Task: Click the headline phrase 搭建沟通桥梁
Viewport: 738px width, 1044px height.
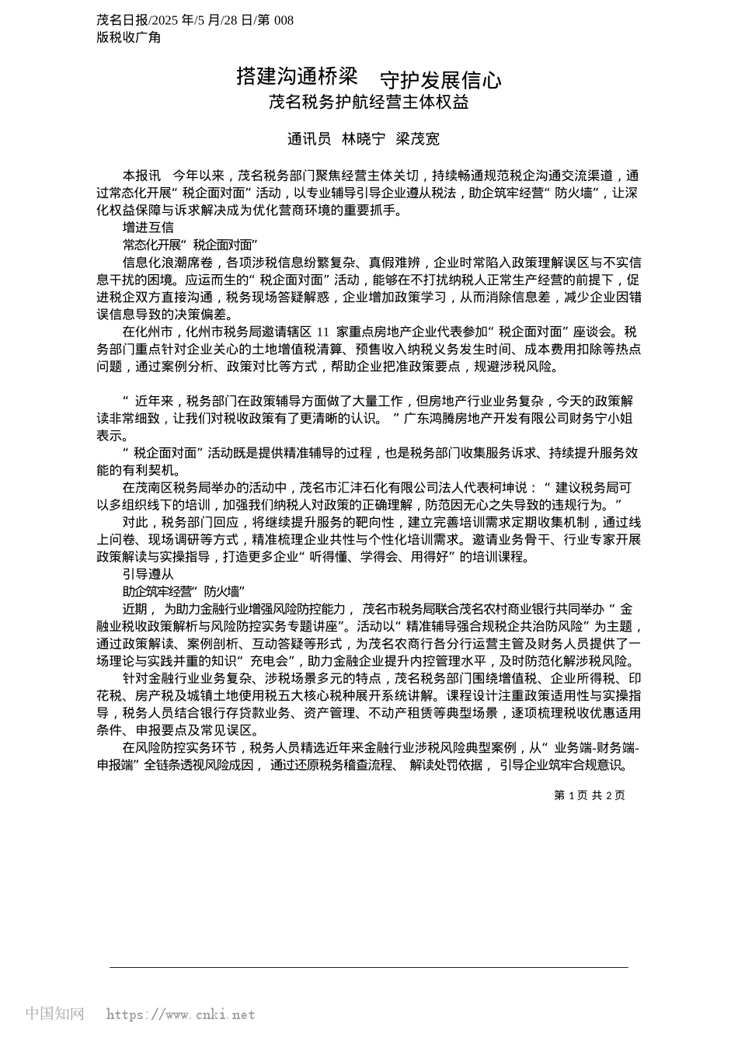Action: pos(297,76)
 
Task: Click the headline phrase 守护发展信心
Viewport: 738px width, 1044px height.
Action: pos(440,80)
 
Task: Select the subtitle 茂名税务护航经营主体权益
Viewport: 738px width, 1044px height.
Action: pos(368,102)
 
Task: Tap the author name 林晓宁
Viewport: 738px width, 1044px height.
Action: pos(364,139)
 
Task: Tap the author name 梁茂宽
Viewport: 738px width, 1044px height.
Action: pos(417,139)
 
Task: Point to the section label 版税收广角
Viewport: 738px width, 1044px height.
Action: pos(128,37)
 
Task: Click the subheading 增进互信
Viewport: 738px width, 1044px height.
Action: pos(148,228)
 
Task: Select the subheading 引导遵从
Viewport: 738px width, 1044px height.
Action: pos(148,574)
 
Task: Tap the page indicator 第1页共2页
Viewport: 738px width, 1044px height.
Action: pos(589,795)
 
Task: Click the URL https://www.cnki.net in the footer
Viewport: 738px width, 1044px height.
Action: pos(180,1014)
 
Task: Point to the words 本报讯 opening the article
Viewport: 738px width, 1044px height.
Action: pos(142,176)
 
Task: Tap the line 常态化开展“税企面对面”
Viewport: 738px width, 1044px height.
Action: pos(190,245)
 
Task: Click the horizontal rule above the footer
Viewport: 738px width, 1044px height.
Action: pos(368,967)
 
